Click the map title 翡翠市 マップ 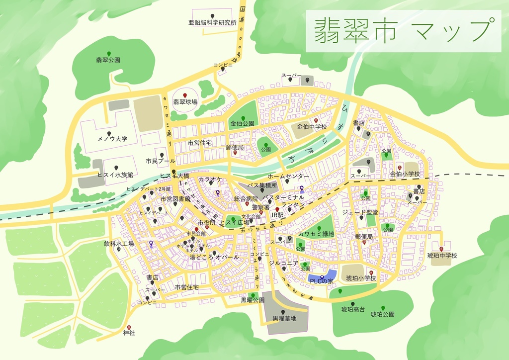403,30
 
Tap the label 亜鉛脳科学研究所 212,23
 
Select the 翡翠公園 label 108,60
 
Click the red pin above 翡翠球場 185,95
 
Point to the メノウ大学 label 112,139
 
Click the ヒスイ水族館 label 115,175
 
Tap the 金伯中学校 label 312,127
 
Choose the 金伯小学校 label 405,175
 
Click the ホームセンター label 288,177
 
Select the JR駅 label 277,215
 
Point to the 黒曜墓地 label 284,319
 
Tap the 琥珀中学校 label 442,256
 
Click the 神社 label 129,333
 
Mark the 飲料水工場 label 119,244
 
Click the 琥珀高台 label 353,310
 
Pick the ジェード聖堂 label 360,212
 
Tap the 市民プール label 161,161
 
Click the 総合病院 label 247,199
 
